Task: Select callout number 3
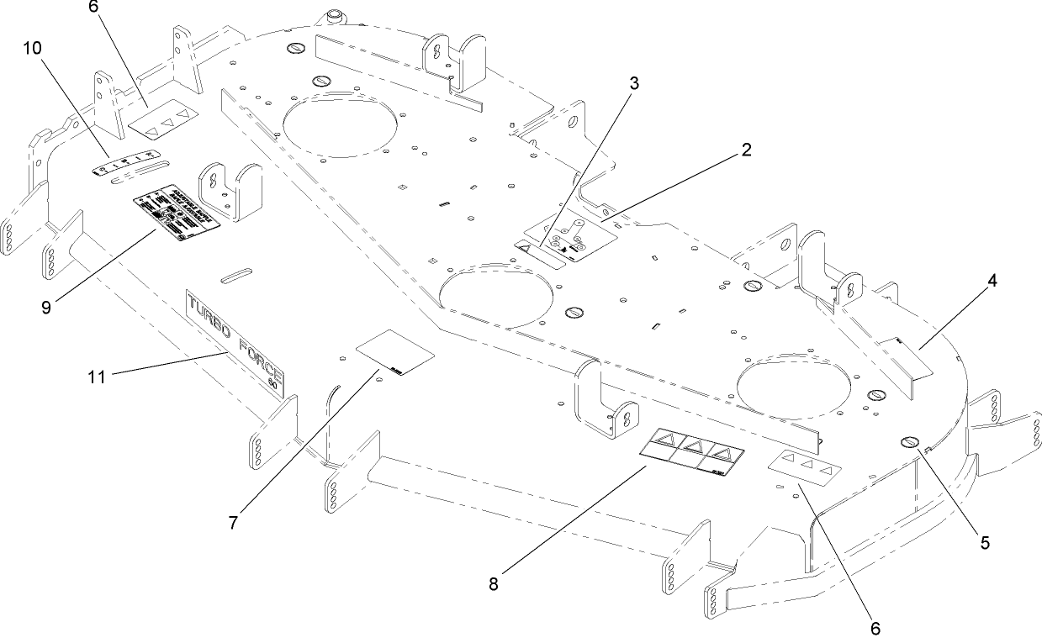pos(633,83)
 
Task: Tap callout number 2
pos(746,150)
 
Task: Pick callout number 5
pos(984,542)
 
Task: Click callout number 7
pos(233,522)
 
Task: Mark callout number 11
pos(98,377)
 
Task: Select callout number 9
pos(46,307)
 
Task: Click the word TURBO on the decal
pos(207,318)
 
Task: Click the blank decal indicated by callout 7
pos(395,352)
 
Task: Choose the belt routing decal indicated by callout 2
pos(570,235)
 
